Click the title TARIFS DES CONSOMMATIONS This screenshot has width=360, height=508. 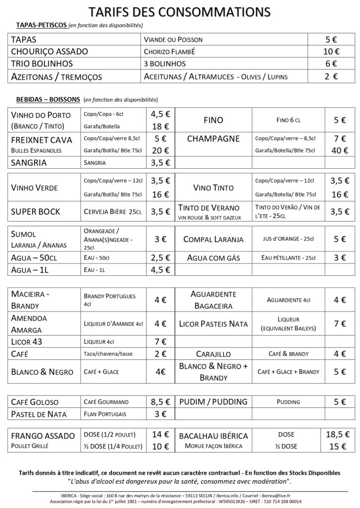[180, 11]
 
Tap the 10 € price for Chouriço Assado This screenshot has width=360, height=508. [330, 51]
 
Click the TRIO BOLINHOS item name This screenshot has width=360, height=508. [42, 63]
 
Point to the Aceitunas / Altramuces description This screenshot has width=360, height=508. [216, 76]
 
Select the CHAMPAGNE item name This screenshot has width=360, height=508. [214, 139]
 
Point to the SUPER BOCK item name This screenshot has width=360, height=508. [36, 212]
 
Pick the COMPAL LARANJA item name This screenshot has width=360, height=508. [214, 240]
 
